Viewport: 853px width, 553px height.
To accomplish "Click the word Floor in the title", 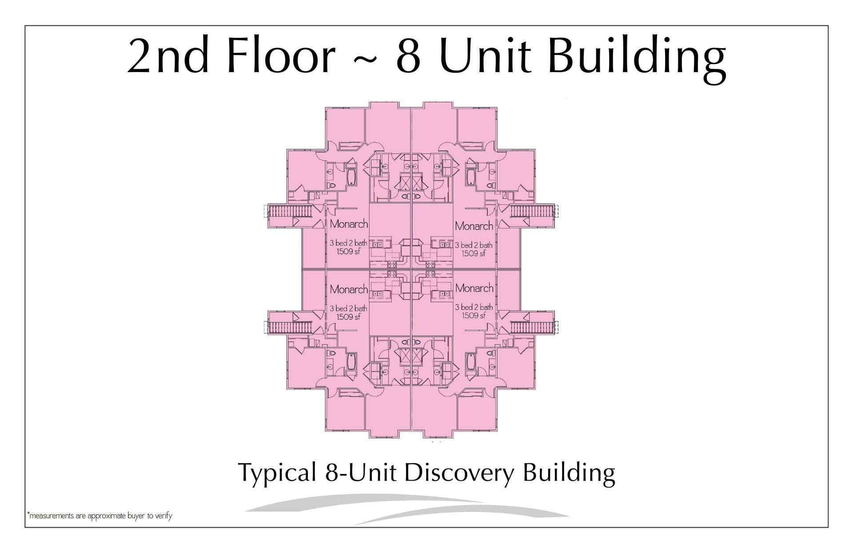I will click(x=282, y=56).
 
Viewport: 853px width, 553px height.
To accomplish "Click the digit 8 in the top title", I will click(x=408, y=56).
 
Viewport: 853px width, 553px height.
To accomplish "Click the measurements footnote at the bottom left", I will click(x=100, y=516).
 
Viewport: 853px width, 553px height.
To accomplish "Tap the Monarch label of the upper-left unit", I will click(x=349, y=224).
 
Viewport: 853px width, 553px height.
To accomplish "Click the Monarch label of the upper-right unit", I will click(x=474, y=226).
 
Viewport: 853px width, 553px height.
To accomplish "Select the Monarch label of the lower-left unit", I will click(x=349, y=289).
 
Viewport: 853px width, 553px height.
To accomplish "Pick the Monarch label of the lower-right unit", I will click(x=474, y=288).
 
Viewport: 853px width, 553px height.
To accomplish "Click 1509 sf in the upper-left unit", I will click(x=348, y=252).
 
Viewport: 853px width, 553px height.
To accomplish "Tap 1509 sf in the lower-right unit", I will click(x=474, y=316).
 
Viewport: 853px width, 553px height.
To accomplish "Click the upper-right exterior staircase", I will click(x=532, y=211).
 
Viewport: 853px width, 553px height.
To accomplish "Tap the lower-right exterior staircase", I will click(x=532, y=328).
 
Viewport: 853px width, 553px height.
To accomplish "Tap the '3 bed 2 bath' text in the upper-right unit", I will click(x=474, y=245).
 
